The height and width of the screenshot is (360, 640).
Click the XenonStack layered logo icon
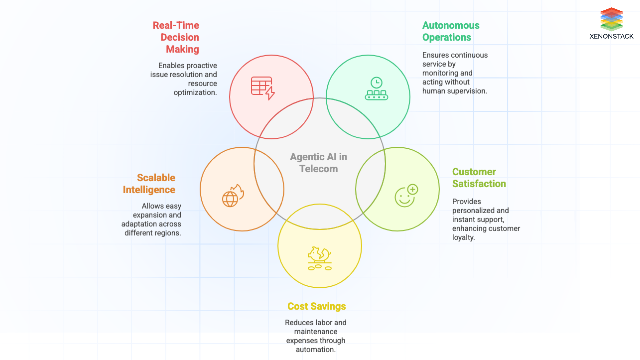point(611,19)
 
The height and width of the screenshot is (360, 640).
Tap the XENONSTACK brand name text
point(611,36)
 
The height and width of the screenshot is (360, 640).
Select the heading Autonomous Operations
point(450,31)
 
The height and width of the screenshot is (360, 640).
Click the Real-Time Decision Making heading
point(177,37)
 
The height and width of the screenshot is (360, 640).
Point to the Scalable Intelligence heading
point(150,184)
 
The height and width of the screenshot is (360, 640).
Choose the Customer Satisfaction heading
point(479,178)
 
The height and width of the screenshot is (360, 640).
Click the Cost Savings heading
point(316,306)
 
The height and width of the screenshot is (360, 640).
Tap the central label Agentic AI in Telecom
point(318,163)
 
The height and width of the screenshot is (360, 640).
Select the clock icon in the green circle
point(376,83)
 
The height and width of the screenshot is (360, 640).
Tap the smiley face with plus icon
point(406,196)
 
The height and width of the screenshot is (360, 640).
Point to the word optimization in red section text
point(195,93)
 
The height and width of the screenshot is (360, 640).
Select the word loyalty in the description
point(463,238)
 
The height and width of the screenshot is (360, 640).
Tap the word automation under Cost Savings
point(315,350)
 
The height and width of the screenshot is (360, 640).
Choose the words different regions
point(152,233)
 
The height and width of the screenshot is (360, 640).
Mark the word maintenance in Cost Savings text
point(315,332)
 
